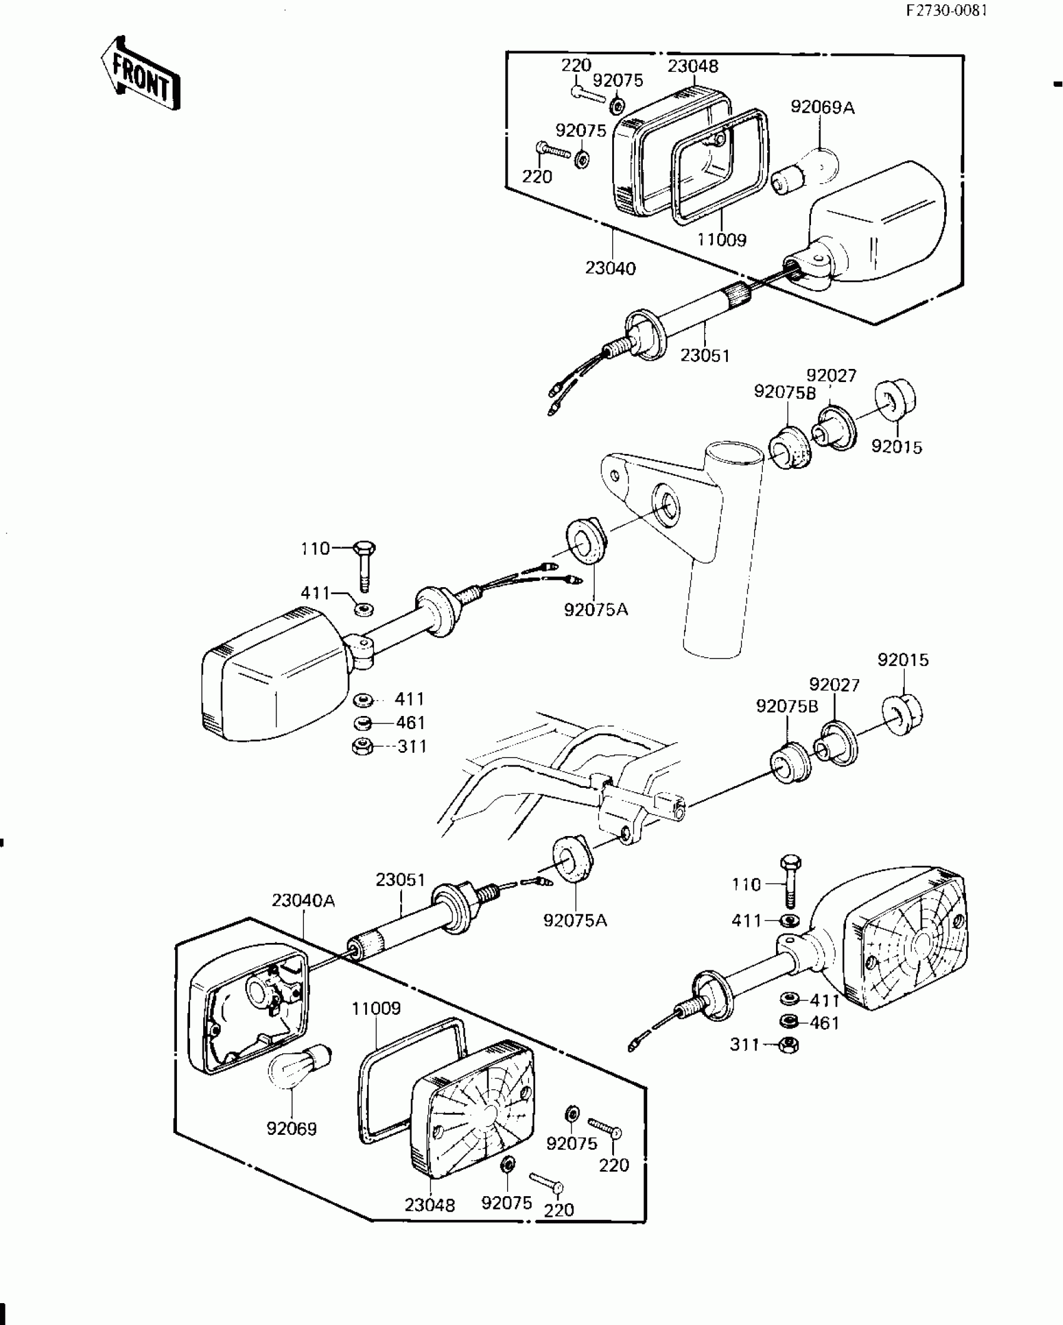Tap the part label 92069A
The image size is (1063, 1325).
[x=822, y=108]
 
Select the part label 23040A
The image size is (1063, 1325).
[x=303, y=901]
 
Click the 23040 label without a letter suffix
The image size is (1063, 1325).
[x=610, y=268]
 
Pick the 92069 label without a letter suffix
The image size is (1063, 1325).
[x=291, y=1129]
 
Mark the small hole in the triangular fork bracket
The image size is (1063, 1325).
[x=615, y=476]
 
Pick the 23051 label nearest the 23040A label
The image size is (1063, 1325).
[x=400, y=880]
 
